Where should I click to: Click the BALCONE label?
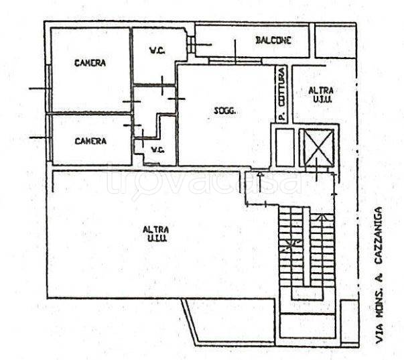click(x=273, y=40)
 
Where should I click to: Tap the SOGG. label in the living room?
click(x=225, y=111)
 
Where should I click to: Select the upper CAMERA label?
click(x=90, y=63)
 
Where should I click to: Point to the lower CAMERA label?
click(x=90, y=141)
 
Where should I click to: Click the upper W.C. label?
click(x=157, y=51)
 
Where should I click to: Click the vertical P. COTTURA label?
click(x=282, y=94)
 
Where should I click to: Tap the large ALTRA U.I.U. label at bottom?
click(x=156, y=234)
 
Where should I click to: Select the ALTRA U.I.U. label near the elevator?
click(x=321, y=95)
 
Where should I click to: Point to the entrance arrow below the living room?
click(x=261, y=182)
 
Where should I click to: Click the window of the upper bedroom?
click(x=48, y=88)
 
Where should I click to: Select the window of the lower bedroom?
click(x=48, y=138)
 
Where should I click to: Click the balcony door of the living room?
click(x=235, y=60)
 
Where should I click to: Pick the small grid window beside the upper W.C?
click(x=191, y=45)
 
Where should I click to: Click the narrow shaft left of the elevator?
click(x=285, y=147)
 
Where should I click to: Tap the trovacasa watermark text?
click(x=204, y=180)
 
